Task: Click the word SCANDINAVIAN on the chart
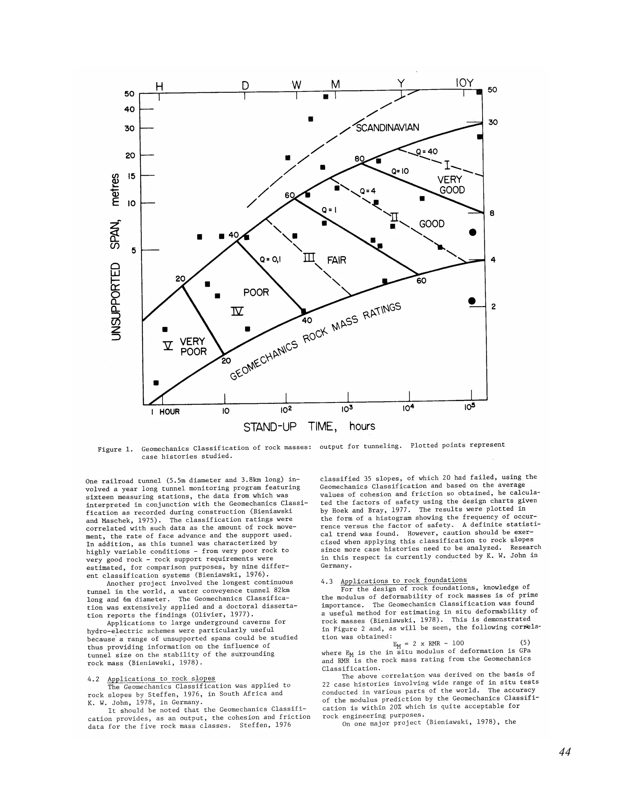(x=387, y=127)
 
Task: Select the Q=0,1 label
(x=270, y=259)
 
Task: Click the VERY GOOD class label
(x=451, y=185)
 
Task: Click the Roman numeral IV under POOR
(x=237, y=311)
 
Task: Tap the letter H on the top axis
(x=159, y=87)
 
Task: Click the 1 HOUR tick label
(x=165, y=412)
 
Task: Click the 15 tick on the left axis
(x=131, y=176)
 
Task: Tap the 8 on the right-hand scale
(x=492, y=213)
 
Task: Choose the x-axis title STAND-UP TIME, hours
(x=309, y=427)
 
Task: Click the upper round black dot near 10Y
(x=472, y=232)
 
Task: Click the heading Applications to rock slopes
(x=161, y=678)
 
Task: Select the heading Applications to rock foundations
(x=403, y=581)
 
